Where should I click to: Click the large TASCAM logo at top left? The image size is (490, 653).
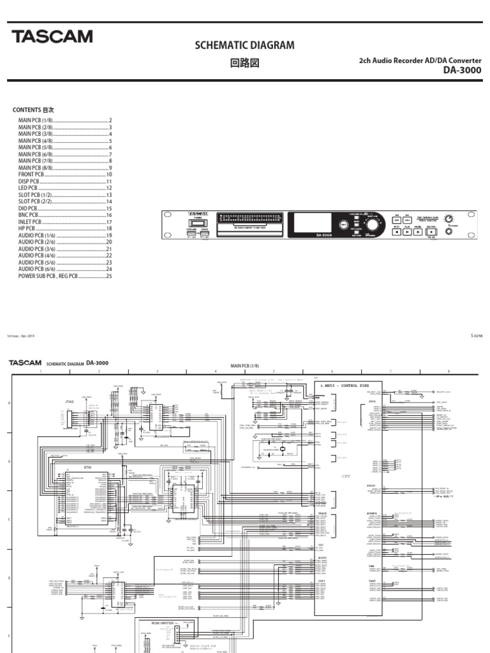click(x=52, y=37)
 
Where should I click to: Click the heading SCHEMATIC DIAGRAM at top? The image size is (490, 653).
click(x=244, y=45)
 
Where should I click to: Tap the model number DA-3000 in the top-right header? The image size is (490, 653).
click(x=463, y=70)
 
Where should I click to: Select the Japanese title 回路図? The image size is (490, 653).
click(x=244, y=64)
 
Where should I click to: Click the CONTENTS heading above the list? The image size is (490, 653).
click(x=33, y=110)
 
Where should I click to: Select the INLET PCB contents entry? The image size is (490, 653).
click(x=29, y=222)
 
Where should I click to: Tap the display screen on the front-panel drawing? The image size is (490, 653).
click(x=311, y=224)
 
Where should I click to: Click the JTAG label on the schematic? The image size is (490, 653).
click(x=70, y=402)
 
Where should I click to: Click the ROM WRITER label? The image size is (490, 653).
click(x=164, y=622)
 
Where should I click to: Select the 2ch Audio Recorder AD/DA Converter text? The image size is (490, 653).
click(x=420, y=61)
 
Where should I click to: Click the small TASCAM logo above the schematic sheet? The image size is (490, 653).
click(x=25, y=362)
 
